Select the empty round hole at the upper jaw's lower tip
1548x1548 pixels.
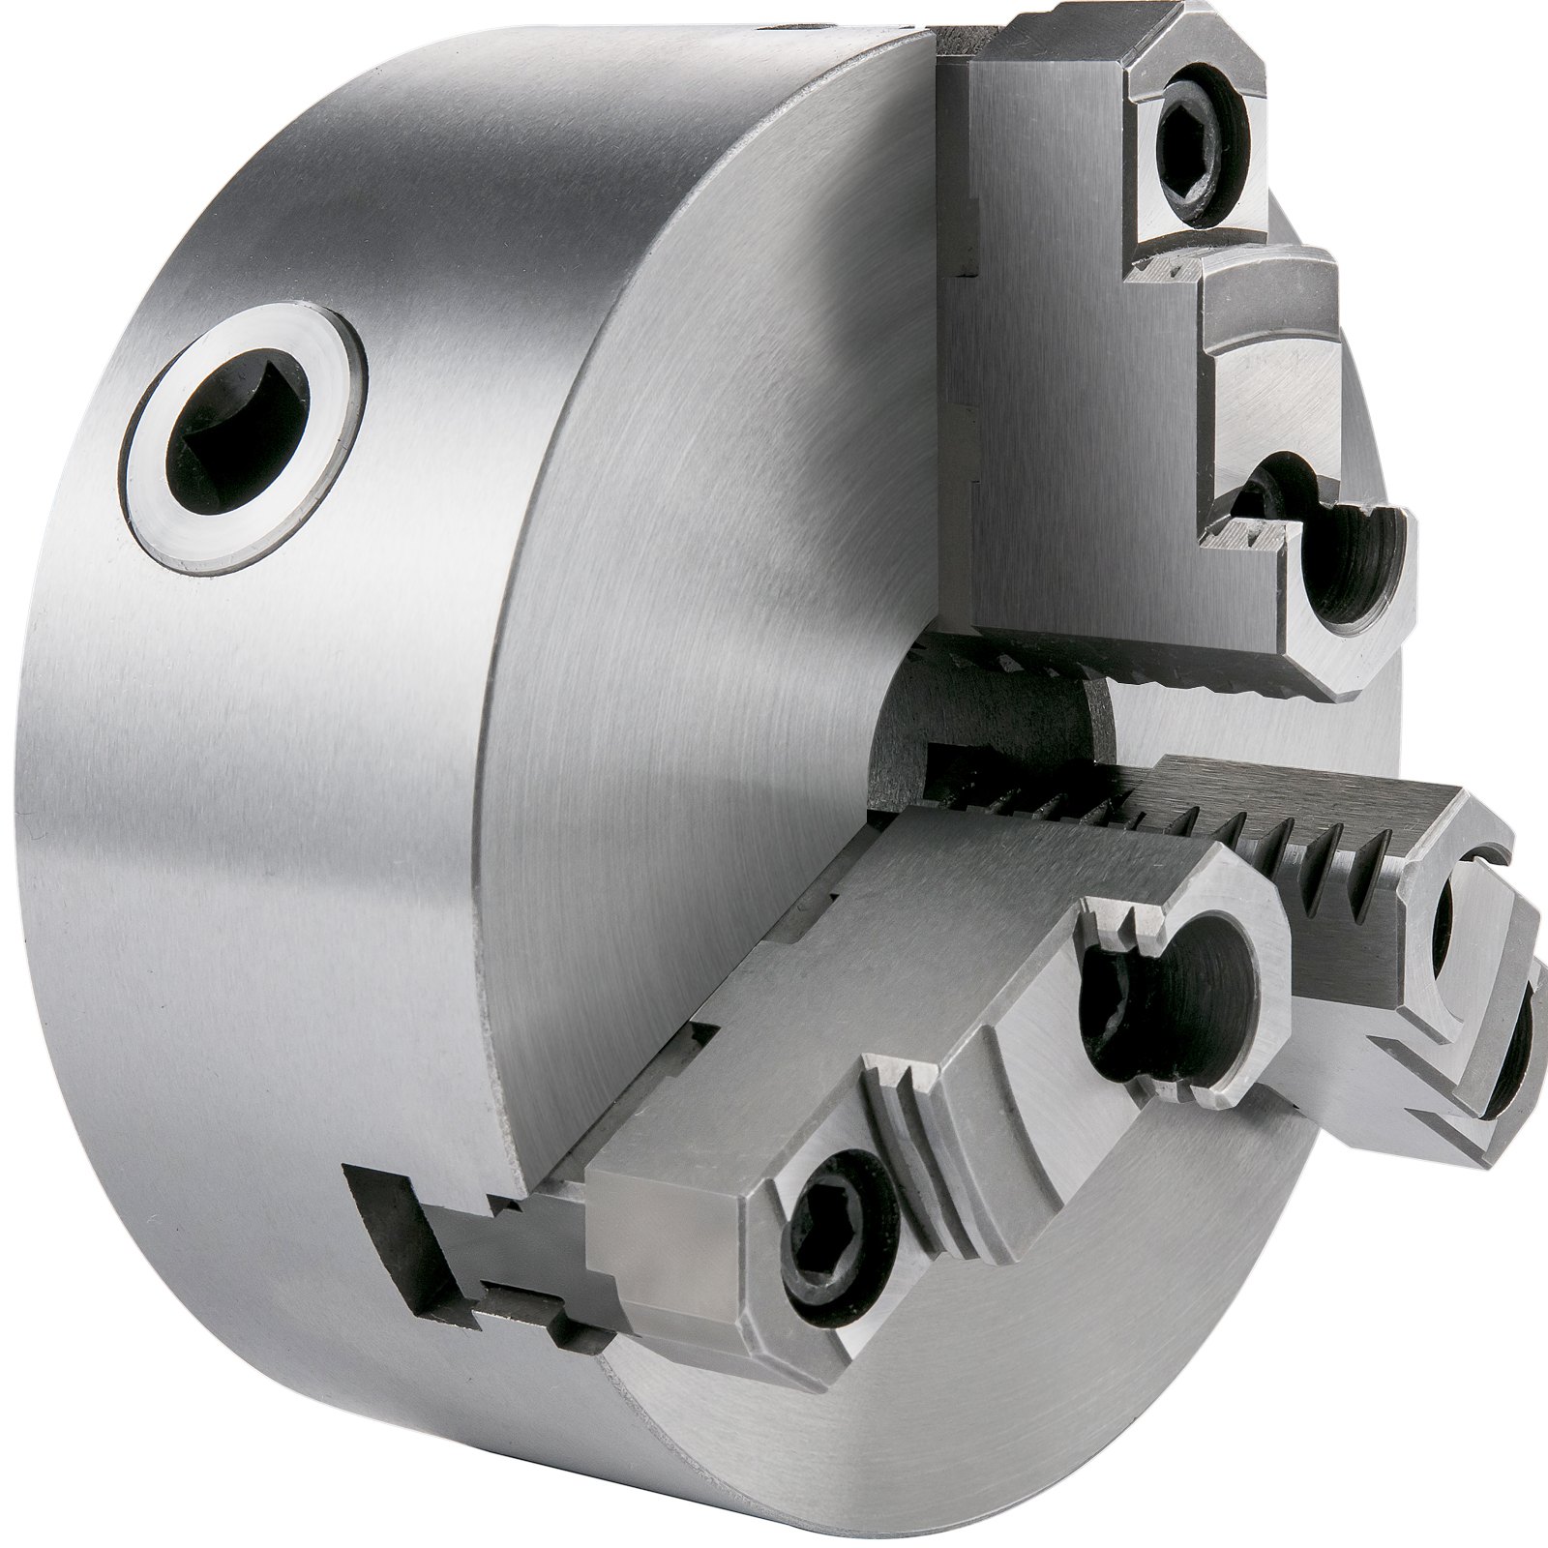click(x=1348, y=561)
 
